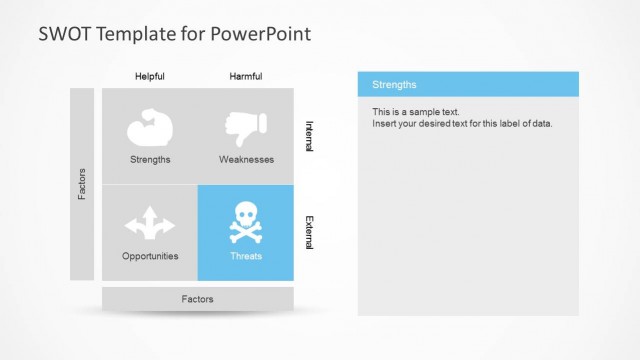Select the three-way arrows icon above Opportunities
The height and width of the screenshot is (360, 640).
(x=150, y=223)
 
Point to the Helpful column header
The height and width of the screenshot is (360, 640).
(x=150, y=76)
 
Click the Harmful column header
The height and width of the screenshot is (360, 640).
(x=246, y=76)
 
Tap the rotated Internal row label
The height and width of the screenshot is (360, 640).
(x=308, y=136)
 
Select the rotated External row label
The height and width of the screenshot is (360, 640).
(x=308, y=233)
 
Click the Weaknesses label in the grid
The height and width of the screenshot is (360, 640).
(x=246, y=159)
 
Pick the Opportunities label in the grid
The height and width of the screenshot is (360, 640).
(x=150, y=256)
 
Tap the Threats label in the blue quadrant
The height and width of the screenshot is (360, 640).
(x=246, y=256)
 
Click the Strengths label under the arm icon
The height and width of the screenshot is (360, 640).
(x=150, y=159)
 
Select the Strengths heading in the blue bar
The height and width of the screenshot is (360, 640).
(x=394, y=85)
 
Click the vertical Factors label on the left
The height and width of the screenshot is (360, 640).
(x=82, y=184)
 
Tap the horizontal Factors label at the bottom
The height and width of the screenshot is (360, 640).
(x=197, y=299)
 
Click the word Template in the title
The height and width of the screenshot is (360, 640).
(x=135, y=34)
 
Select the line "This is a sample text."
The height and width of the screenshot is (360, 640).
(x=416, y=112)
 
